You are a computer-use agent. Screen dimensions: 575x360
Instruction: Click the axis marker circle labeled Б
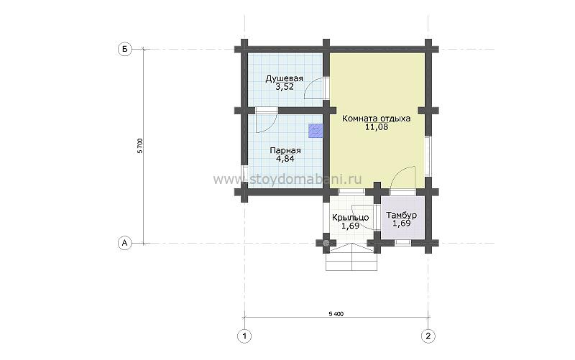125,49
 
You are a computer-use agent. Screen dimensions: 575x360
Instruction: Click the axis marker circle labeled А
125,243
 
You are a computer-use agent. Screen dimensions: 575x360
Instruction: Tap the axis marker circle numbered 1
244,336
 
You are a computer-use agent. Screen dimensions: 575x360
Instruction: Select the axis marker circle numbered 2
428,336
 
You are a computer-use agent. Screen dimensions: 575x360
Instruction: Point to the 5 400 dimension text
336,314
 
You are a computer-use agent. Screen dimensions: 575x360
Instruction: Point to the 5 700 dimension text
139,146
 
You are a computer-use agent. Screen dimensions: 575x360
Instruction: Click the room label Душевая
285,78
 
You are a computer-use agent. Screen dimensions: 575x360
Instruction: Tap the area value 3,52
285,87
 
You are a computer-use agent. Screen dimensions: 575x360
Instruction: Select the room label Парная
285,151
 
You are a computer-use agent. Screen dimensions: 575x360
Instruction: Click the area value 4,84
285,159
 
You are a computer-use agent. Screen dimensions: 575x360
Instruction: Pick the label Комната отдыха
376,119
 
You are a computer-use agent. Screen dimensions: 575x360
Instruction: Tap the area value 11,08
377,127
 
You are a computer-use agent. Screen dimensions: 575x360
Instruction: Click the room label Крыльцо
350,218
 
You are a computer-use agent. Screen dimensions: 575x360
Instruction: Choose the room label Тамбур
402,215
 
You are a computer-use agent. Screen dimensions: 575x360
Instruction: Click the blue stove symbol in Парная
316,130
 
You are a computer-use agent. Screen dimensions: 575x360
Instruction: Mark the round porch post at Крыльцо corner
326,242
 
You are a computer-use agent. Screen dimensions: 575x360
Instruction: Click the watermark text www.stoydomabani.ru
287,180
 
